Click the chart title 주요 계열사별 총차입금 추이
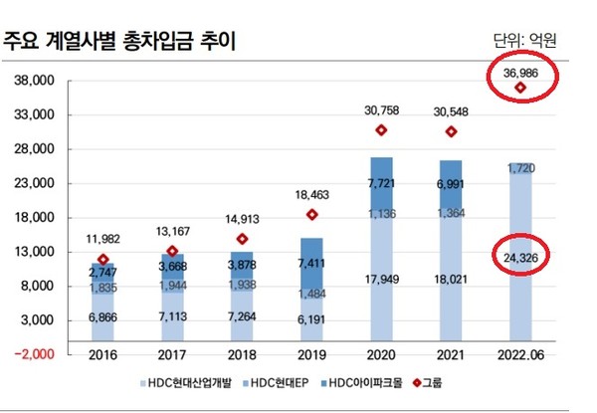tap(129, 41)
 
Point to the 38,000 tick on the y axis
tap(35, 82)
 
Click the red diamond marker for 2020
tap(381, 130)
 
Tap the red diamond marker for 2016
tap(103, 259)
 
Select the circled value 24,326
tap(521, 259)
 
